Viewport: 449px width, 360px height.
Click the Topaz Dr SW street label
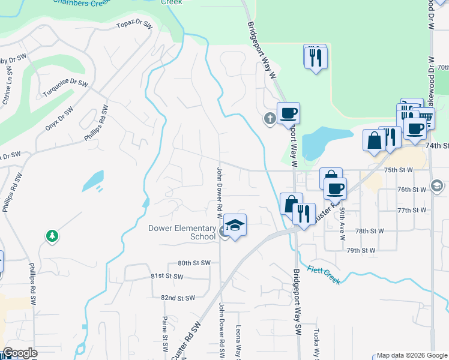(134, 27)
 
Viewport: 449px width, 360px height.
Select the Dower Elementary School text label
(182, 232)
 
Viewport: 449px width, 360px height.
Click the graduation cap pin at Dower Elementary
(235, 226)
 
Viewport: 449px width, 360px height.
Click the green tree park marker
(52, 236)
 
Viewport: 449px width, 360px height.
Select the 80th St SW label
(194, 263)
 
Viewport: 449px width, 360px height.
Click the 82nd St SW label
(178, 298)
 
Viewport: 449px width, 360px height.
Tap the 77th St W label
(411, 211)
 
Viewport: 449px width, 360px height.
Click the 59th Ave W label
(342, 224)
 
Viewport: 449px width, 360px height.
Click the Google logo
(20, 353)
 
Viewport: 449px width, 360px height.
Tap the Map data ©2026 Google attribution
(412, 355)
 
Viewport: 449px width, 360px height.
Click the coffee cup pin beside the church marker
(288, 112)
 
